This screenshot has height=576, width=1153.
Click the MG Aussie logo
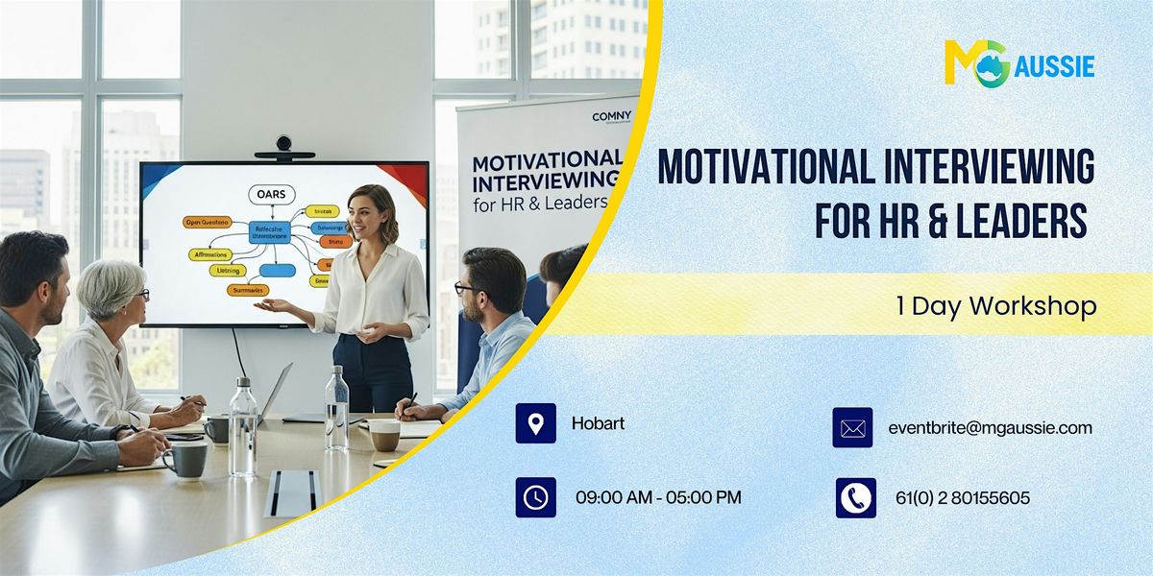pos(1018,64)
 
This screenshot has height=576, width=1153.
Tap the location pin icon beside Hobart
pos(535,423)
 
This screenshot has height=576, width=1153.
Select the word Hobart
pos(598,422)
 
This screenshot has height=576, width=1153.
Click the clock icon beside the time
pos(535,497)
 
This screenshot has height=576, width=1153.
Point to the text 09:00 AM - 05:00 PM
pos(658,497)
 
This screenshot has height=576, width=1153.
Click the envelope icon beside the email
pos(852,428)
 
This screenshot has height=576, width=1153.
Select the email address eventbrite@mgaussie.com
pos(990,428)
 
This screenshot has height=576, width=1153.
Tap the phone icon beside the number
pos(855,497)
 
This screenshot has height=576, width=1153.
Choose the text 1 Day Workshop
pos(995,306)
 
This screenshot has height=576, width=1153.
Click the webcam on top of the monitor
pos(283,145)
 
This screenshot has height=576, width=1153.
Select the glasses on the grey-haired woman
pos(140,295)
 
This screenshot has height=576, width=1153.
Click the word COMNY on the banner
pos(613,116)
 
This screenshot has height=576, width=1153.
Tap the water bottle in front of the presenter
pos(336,410)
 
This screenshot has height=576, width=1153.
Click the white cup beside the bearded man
pos(384,435)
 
